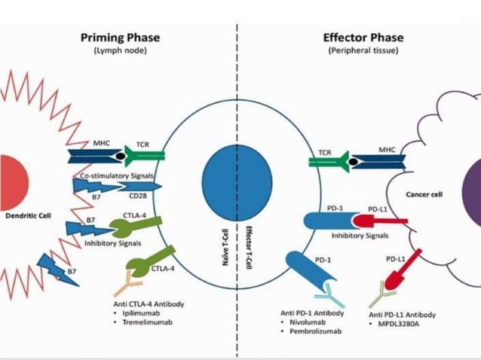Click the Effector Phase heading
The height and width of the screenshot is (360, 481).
(x=363, y=38)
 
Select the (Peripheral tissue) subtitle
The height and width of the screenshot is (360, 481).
(x=363, y=50)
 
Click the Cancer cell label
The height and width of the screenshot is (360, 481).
(x=424, y=194)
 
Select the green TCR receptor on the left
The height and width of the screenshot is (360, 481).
(x=146, y=155)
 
